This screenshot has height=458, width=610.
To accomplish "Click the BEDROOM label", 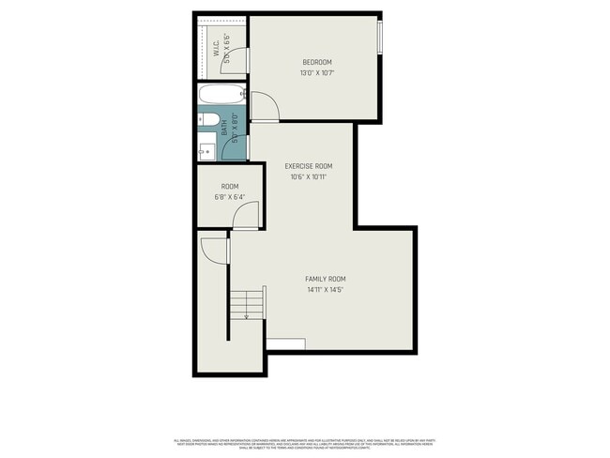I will [x=316, y=63].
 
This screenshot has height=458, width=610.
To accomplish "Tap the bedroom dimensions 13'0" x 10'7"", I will [x=316, y=73].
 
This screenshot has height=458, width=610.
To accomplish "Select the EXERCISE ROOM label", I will [x=309, y=166].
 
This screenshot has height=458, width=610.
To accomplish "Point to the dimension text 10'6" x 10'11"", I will [x=309, y=176].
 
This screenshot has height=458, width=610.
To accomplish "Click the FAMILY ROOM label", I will [x=326, y=279].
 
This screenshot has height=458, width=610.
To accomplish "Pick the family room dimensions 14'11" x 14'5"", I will [x=326, y=290].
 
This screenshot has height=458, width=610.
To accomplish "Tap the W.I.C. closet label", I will [x=215, y=48].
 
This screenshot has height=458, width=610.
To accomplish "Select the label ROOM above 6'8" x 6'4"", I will [x=229, y=187].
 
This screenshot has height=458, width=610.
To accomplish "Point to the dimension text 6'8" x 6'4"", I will [x=229, y=197].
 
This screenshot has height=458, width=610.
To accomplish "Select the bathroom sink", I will [x=206, y=147].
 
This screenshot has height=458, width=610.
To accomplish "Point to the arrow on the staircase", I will [x=247, y=315].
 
